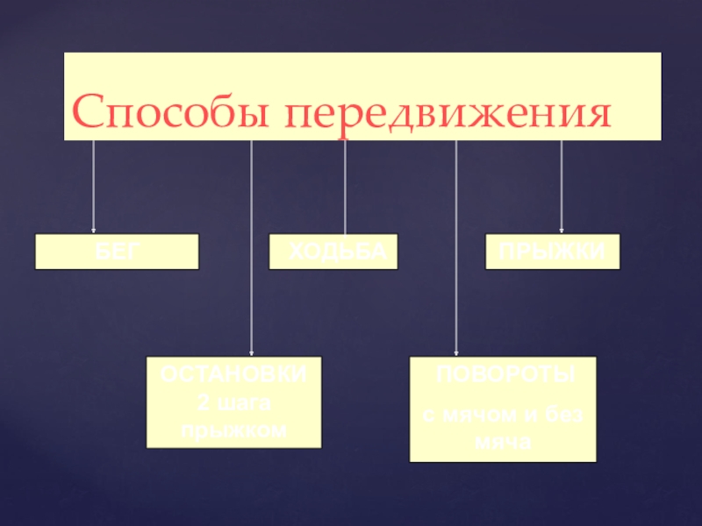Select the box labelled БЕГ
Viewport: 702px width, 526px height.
[x=117, y=251]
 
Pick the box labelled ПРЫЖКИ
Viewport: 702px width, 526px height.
[x=553, y=251]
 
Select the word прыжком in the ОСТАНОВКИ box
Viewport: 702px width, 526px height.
[x=233, y=430]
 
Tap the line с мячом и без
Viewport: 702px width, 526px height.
[x=503, y=416]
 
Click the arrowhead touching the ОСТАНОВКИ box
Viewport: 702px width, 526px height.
[x=252, y=353]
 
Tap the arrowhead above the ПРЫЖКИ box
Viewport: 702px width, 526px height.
[x=562, y=230]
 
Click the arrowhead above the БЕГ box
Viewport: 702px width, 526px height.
[x=94, y=230]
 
